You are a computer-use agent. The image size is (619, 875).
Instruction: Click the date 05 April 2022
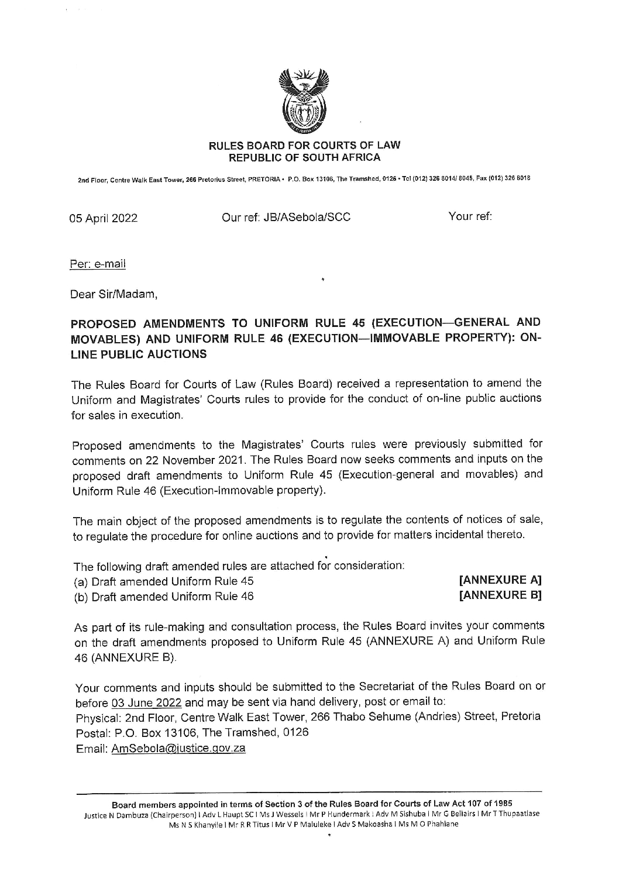point(104,219)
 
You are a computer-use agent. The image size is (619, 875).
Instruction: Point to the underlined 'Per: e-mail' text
point(98,264)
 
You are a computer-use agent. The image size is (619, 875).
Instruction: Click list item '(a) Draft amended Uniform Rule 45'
point(164,581)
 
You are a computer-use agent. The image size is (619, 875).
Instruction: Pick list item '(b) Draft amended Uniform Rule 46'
point(164,597)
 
